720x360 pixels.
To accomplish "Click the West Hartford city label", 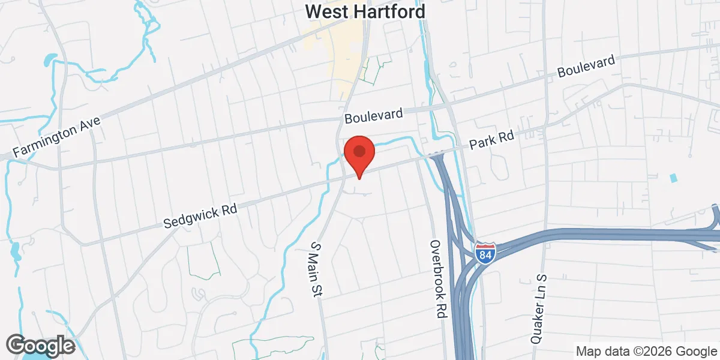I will click(365, 11).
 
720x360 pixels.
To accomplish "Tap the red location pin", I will click(359, 155).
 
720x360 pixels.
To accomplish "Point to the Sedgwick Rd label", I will click(200, 214).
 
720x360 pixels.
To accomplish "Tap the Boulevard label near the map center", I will click(373, 115).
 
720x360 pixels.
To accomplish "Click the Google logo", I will click(40, 346).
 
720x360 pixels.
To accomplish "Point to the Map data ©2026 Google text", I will click(646, 351).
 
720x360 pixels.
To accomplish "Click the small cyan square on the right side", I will click(673, 178).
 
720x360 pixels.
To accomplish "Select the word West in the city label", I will click(325, 11).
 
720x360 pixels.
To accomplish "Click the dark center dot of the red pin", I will click(359, 150).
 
